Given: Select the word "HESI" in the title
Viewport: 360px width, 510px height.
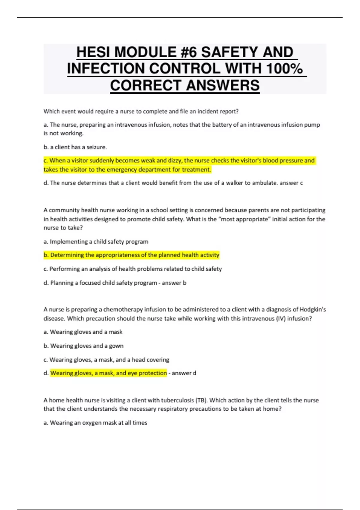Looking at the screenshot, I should click(93, 52).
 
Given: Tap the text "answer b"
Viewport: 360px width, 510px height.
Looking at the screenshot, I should click(174, 283).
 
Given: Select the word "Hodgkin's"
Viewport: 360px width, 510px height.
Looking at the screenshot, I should click(313, 310).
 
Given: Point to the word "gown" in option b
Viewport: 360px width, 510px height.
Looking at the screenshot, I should click(116, 346).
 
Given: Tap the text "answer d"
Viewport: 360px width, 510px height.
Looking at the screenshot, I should click(184, 373).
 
